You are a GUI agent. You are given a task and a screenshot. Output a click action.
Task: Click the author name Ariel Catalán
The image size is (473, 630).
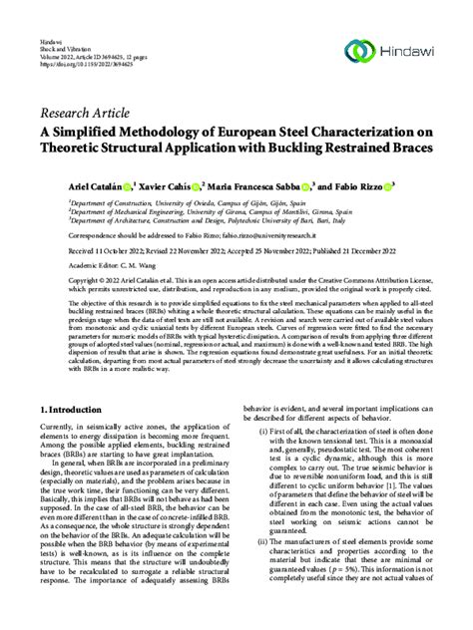pos(97,185)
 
